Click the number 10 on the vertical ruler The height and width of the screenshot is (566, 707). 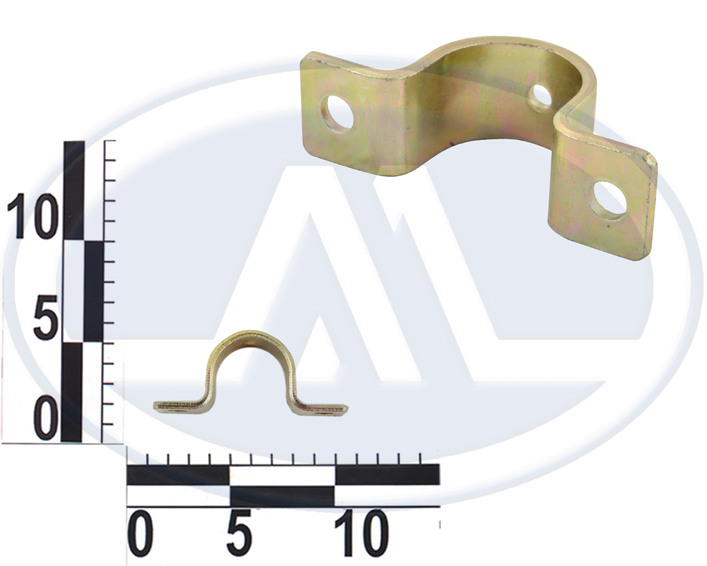30,216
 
